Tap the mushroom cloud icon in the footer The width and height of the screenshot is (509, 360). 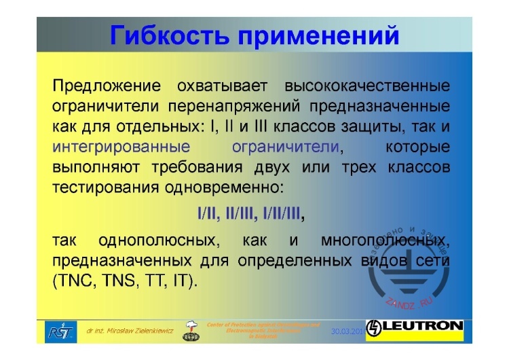pyautogui.click(x=193, y=328)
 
